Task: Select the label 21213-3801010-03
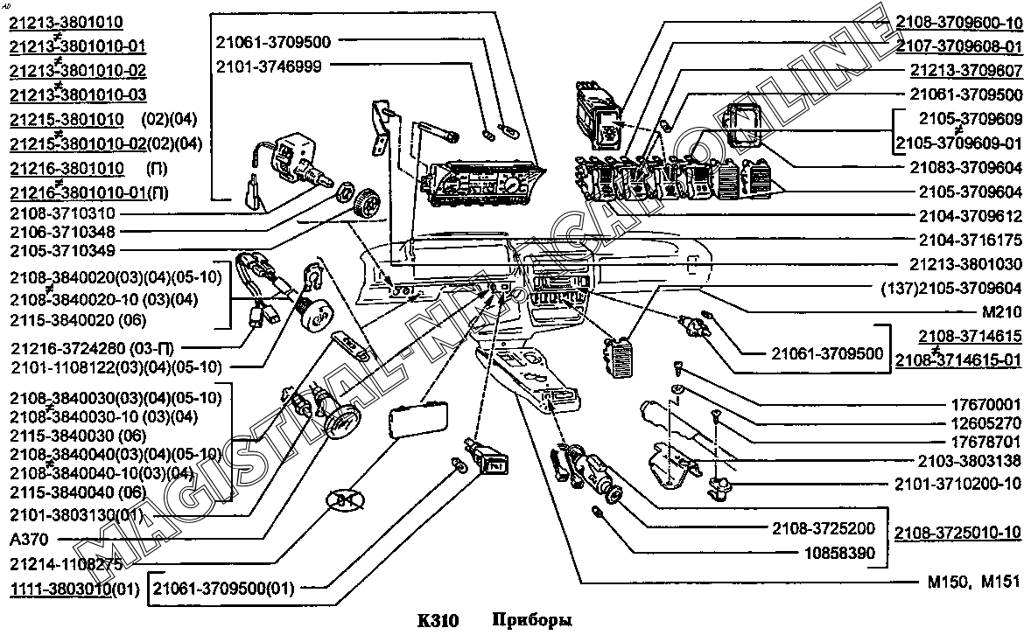(x=78, y=94)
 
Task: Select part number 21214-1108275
(x=67, y=564)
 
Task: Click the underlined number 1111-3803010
(x=60, y=590)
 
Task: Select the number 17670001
(x=985, y=404)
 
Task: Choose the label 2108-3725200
(x=824, y=528)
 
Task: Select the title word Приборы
(x=532, y=620)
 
